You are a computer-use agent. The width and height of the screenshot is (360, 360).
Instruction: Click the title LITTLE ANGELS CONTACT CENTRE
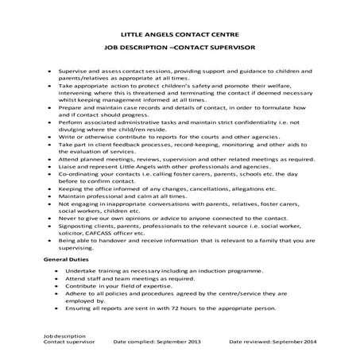(180, 36)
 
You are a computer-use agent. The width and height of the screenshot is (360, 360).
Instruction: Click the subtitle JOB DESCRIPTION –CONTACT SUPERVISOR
(180, 50)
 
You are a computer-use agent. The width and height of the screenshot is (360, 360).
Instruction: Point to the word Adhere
(71, 292)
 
